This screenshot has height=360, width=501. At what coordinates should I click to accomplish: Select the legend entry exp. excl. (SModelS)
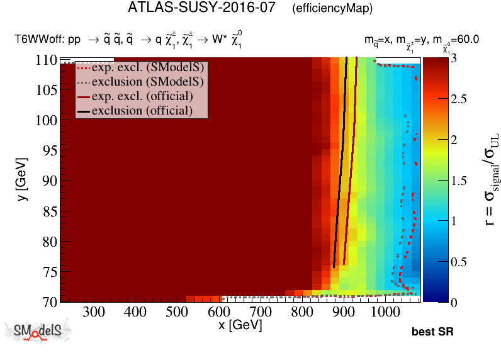(x=142, y=68)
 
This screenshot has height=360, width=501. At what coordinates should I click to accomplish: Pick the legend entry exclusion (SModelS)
(x=142, y=82)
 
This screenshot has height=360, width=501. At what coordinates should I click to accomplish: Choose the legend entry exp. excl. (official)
(x=142, y=96)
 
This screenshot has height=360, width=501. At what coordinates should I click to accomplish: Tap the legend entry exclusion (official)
(x=142, y=111)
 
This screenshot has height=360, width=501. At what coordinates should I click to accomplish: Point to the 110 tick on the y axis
(x=47, y=60)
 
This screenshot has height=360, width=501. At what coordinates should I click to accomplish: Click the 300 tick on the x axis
(x=94, y=312)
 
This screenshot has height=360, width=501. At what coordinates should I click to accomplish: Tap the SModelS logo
(x=37, y=332)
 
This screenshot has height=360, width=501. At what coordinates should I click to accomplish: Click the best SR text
(x=432, y=332)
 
